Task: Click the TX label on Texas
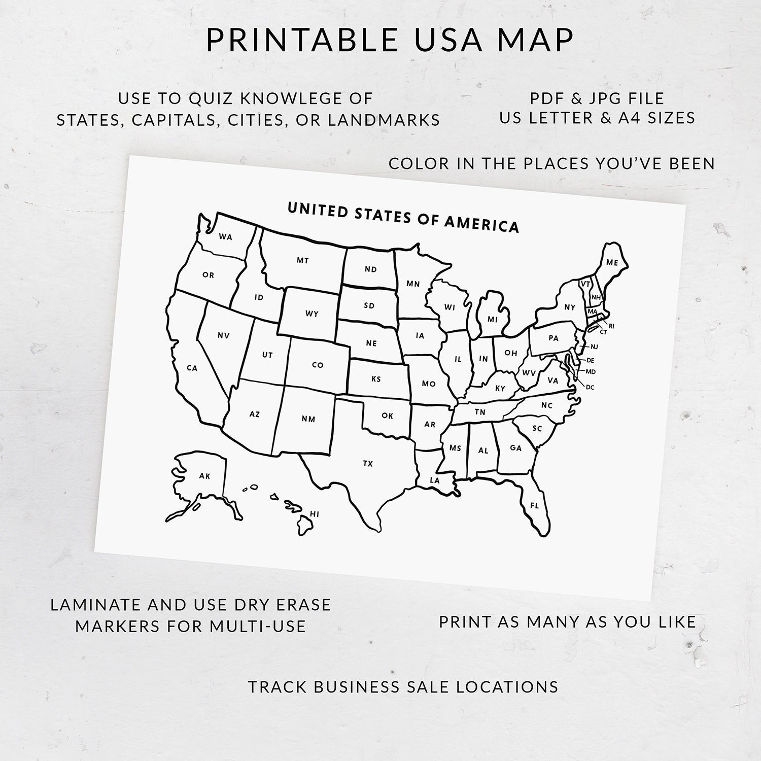pyautogui.click(x=368, y=463)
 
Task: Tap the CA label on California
pyautogui.click(x=192, y=368)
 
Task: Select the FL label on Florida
pyautogui.click(x=534, y=505)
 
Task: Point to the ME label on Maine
pyautogui.click(x=612, y=262)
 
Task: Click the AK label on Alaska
pyautogui.click(x=204, y=476)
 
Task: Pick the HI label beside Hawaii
pyautogui.click(x=315, y=514)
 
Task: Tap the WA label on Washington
pyautogui.click(x=225, y=236)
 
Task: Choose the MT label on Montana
pyautogui.click(x=302, y=260)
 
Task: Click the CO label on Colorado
pyautogui.click(x=318, y=365)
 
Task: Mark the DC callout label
pyautogui.click(x=590, y=387)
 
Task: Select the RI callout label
pyautogui.click(x=611, y=326)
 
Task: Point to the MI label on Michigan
pyautogui.click(x=492, y=319)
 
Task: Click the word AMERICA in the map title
pyautogui.click(x=481, y=224)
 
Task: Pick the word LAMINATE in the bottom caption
pyautogui.click(x=96, y=604)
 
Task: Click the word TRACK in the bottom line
pyautogui.click(x=278, y=686)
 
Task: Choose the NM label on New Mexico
pyautogui.click(x=308, y=419)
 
